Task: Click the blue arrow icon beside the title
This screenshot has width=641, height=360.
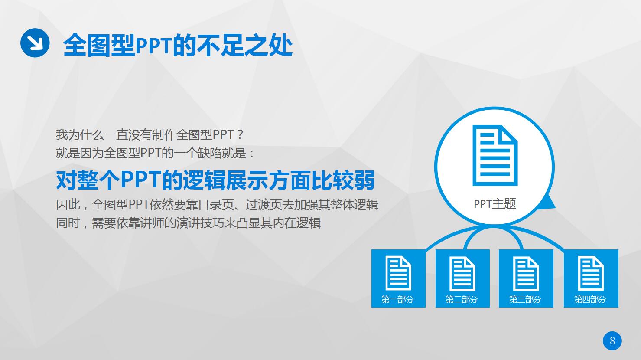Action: (x=35, y=42)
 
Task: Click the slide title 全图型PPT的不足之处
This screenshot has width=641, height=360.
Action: (x=178, y=45)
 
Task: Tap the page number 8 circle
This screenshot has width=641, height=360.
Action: (x=612, y=341)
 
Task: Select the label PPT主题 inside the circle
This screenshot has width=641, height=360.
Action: (x=495, y=204)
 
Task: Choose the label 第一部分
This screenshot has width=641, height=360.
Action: (x=398, y=299)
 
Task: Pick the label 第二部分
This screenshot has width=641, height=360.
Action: (x=462, y=299)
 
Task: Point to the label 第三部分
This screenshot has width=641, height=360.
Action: (x=525, y=299)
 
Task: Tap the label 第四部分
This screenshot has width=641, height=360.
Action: (x=590, y=299)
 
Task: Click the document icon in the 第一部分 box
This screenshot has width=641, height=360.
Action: (x=398, y=273)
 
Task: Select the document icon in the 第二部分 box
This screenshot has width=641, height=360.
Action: (x=462, y=273)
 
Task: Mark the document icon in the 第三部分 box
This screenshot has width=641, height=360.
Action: (x=526, y=273)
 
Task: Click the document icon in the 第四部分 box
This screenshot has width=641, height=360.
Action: (x=591, y=273)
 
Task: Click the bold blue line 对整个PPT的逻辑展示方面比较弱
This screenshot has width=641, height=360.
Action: (x=215, y=180)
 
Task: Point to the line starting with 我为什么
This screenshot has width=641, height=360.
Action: (x=150, y=134)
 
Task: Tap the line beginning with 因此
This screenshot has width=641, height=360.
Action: (x=217, y=204)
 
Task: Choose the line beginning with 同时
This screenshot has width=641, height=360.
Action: (x=188, y=223)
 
